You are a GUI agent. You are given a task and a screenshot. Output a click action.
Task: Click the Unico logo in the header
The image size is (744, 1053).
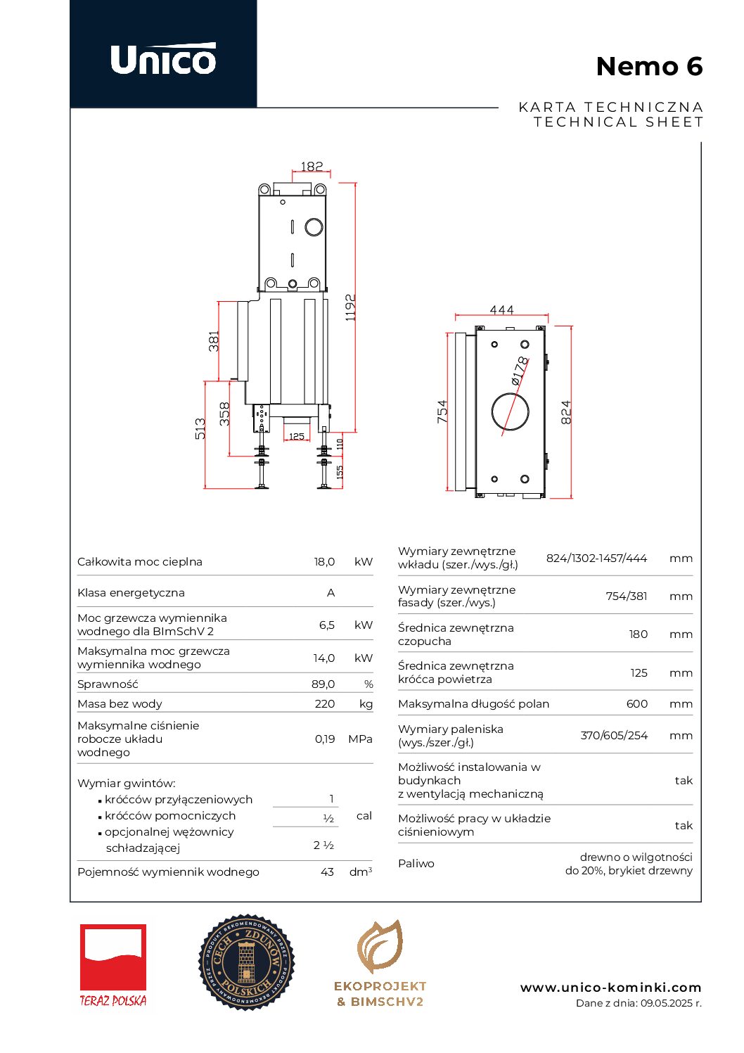coord(163,59)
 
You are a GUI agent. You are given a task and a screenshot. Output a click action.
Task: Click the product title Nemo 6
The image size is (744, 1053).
coord(648,67)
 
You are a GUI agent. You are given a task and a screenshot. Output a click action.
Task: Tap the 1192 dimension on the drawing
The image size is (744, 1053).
coord(350,307)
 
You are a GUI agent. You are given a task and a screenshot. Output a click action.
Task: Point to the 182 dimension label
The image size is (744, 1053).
coord(312,167)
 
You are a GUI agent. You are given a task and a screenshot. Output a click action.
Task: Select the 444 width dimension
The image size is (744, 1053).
coord(501,310)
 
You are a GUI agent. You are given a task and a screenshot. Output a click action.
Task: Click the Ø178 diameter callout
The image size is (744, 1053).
coord(519,371)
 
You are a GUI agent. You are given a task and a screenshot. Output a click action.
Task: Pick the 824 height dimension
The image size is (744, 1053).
coord(566,412)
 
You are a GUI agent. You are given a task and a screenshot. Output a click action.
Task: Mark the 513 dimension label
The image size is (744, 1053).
coord(200,429)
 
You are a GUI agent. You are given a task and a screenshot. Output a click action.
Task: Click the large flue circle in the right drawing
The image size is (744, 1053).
coord(510,411)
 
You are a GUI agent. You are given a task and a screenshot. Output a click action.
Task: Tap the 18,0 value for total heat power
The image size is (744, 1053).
coord(324,562)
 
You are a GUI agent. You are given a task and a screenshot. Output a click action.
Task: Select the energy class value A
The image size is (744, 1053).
coord(331,593)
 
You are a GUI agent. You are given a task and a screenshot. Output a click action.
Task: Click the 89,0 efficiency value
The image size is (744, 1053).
coord(323,684)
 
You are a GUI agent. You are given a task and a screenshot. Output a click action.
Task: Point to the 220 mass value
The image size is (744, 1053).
coord(324,703)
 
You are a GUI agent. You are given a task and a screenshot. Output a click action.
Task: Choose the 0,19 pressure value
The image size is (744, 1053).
coord(324,739)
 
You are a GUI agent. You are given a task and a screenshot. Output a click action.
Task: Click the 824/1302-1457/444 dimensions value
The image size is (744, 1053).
coord(596,559)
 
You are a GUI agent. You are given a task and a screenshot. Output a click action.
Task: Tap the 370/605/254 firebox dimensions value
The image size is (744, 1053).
coord(613,736)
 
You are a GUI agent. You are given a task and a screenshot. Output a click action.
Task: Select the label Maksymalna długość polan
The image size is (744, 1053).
coord(473,704)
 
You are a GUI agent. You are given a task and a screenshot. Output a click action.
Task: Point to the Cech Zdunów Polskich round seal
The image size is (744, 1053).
coord(246,962)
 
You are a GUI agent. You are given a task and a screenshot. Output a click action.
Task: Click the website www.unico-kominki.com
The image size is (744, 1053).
coord(610,988)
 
